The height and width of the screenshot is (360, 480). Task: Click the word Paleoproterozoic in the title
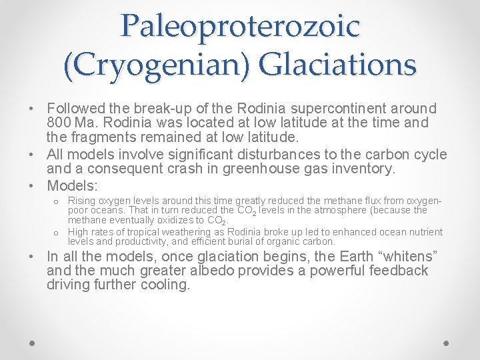240,25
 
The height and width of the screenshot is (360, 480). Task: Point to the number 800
60,123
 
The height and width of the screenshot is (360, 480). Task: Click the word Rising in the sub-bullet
81,201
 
